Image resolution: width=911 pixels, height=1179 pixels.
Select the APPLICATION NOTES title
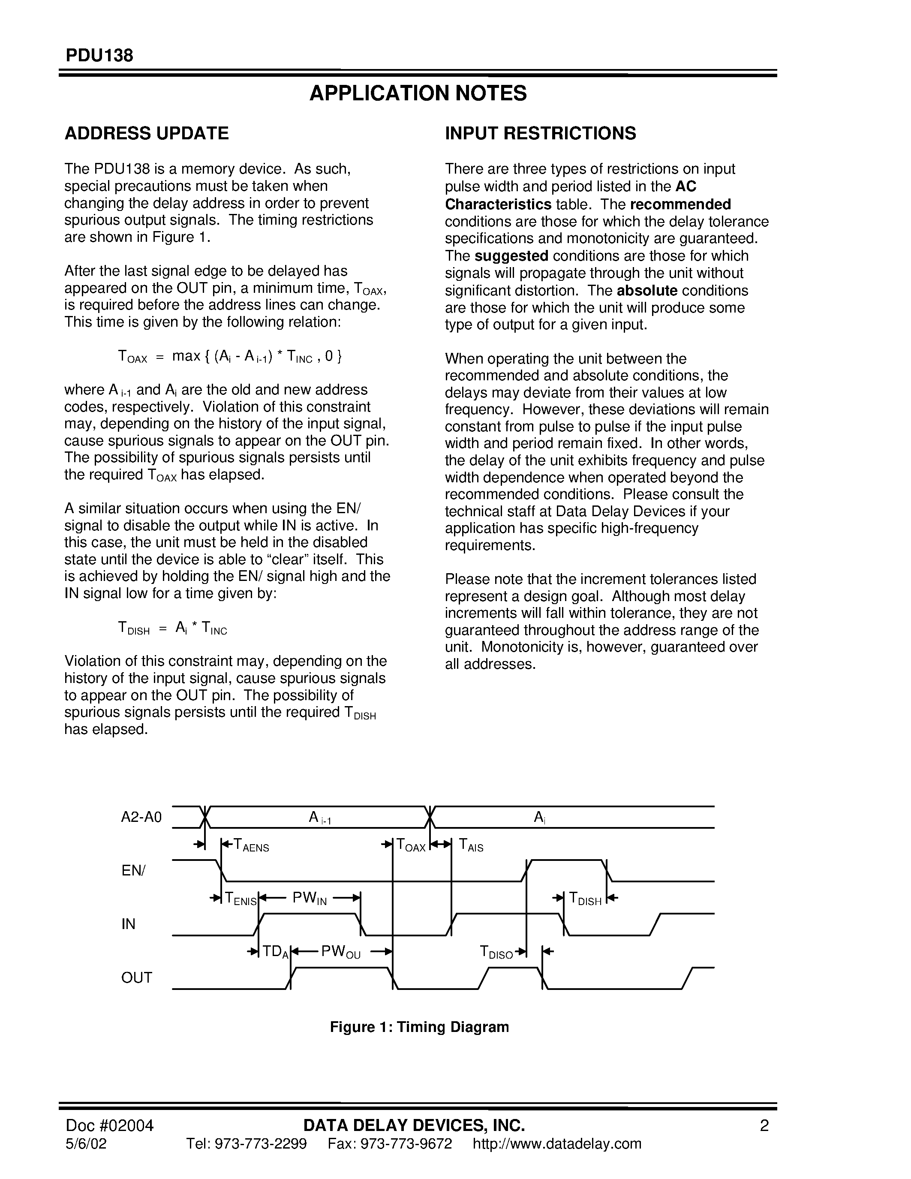point(418,93)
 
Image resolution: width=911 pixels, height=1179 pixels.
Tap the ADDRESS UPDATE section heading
point(146,133)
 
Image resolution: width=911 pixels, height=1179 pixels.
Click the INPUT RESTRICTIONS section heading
point(540,133)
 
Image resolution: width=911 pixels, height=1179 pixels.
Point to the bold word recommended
point(680,205)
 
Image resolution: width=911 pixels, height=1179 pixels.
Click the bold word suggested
point(511,256)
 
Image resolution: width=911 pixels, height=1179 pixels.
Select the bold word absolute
point(646,290)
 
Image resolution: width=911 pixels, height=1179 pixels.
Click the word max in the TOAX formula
point(186,356)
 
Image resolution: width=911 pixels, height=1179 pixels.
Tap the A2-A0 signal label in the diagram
point(141,817)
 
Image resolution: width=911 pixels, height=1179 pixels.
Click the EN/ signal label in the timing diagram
point(133,870)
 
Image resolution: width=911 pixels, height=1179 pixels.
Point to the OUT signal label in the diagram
point(136,977)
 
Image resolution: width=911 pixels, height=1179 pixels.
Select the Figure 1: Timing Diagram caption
point(419,1027)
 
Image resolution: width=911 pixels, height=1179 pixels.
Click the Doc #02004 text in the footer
point(110,1125)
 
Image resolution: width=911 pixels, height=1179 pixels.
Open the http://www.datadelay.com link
point(556,1144)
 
